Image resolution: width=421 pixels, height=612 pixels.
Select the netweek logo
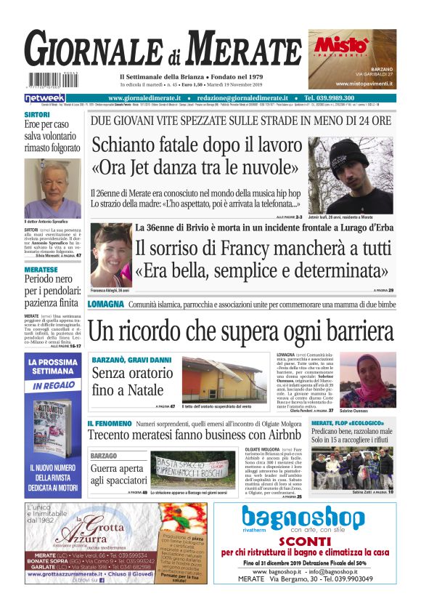tap(44, 98)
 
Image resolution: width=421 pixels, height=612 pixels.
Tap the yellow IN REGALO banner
tap(52, 385)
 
